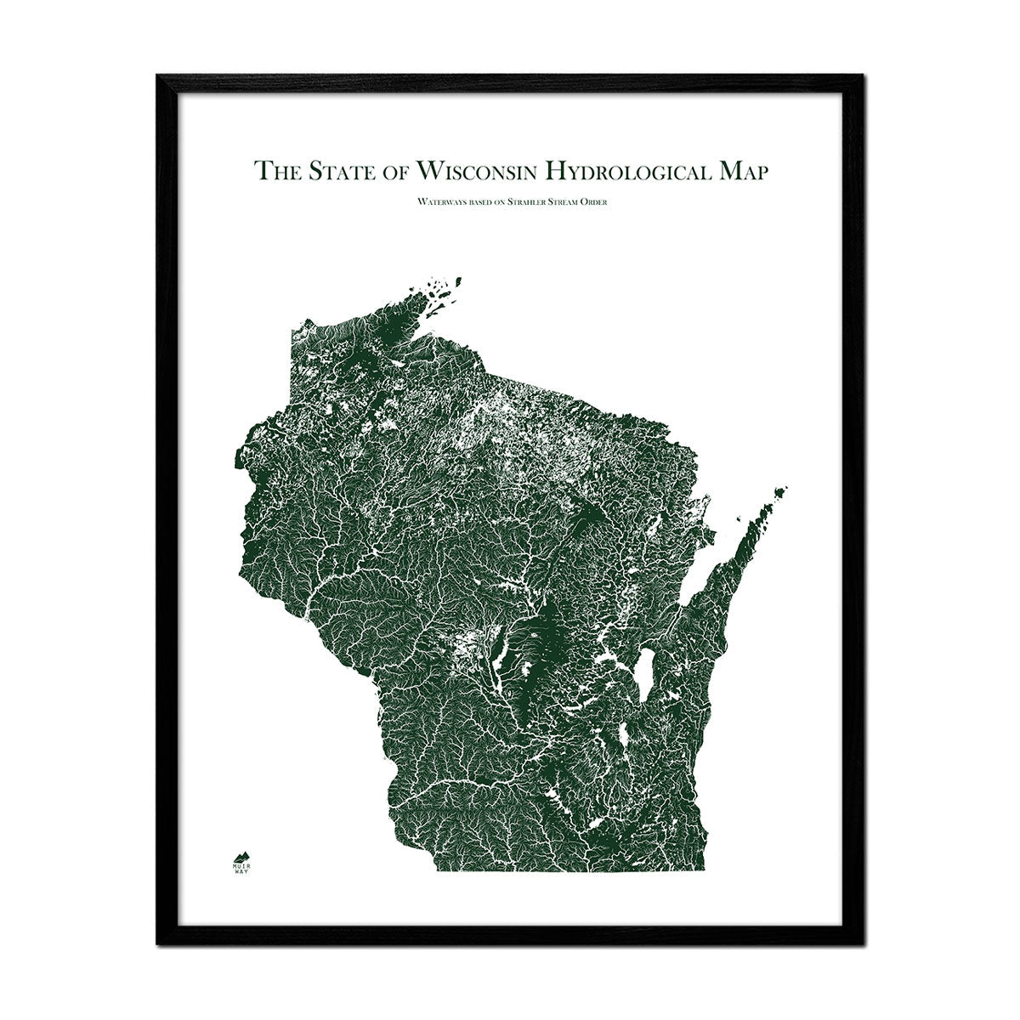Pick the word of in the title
(399, 171)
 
